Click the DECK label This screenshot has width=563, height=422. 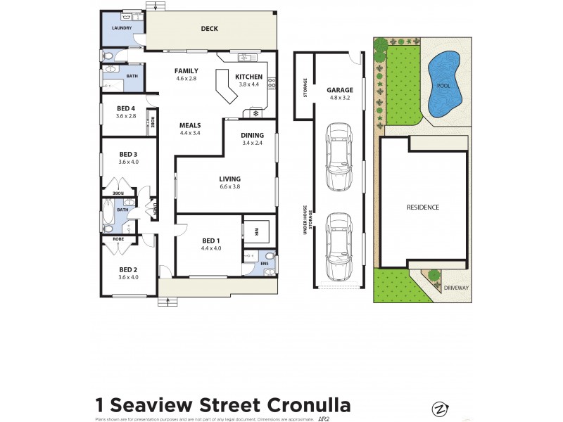(x=209, y=29)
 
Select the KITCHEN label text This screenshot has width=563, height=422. (x=248, y=77)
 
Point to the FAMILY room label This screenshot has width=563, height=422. (x=186, y=71)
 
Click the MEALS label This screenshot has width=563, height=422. (x=190, y=125)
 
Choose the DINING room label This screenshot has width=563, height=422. (x=252, y=136)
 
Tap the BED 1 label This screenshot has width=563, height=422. (x=211, y=241)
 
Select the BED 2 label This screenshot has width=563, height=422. (x=127, y=269)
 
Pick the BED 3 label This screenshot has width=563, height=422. (x=127, y=154)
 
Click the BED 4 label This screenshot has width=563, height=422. (x=126, y=108)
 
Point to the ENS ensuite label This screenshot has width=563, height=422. (x=265, y=264)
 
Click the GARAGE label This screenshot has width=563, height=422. (x=339, y=90)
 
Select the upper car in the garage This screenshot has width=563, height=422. (x=339, y=156)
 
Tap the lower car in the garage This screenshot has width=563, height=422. (x=339, y=245)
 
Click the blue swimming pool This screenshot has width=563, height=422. (x=442, y=85)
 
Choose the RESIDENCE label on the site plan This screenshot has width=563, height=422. (x=423, y=207)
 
